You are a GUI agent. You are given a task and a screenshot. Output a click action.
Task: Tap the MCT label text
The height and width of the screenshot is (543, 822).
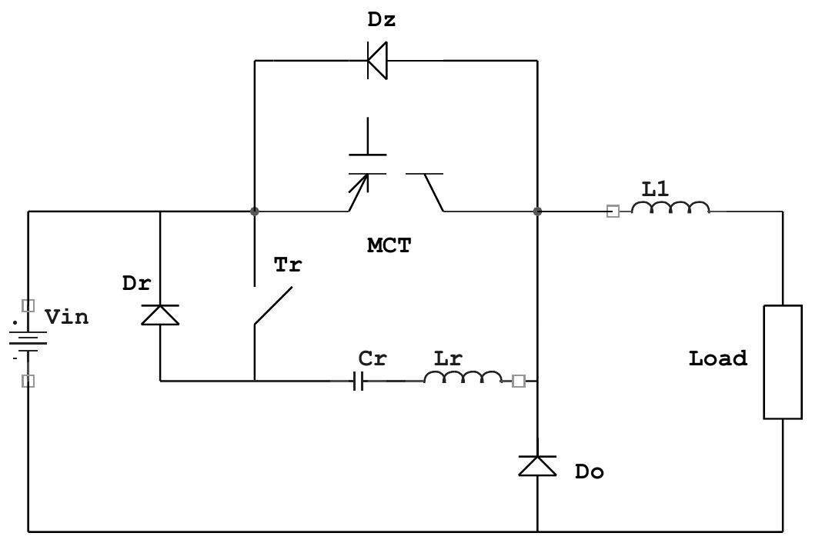(x=389, y=246)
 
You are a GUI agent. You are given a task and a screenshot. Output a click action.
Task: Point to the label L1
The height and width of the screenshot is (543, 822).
(x=656, y=188)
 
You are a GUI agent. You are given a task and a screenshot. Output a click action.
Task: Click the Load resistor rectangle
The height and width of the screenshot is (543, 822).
(x=783, y=361)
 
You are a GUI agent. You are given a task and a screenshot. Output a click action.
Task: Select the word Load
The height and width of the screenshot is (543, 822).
(x=717, y=358)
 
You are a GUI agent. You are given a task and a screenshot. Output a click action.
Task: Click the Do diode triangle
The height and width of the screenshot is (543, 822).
(x=537, y=465)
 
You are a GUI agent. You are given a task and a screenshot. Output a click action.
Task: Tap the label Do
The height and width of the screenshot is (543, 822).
(x=590, y=472)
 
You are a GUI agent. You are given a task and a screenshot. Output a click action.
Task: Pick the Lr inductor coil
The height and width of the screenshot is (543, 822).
(x=463, y=378)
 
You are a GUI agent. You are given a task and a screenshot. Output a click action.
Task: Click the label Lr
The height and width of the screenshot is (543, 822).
(x=448, y=358)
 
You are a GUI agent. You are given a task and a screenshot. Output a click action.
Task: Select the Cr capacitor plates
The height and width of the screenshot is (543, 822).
(x=358, y=380)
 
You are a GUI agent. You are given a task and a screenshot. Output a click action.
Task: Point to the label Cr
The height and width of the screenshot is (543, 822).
(x=373, y=358)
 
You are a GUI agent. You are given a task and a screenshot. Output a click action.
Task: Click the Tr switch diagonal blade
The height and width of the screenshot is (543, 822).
(x=273, y=306)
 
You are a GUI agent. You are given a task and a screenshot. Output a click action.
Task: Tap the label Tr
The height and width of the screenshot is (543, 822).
(x=288, y=265)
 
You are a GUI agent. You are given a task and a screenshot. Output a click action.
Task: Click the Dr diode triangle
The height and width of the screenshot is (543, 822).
(x=160, y=315)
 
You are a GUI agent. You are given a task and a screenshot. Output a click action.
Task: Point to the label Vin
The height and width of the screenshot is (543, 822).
(x=66, y=317)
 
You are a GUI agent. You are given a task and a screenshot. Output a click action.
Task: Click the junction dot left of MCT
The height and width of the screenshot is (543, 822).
(x=255, y=211)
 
